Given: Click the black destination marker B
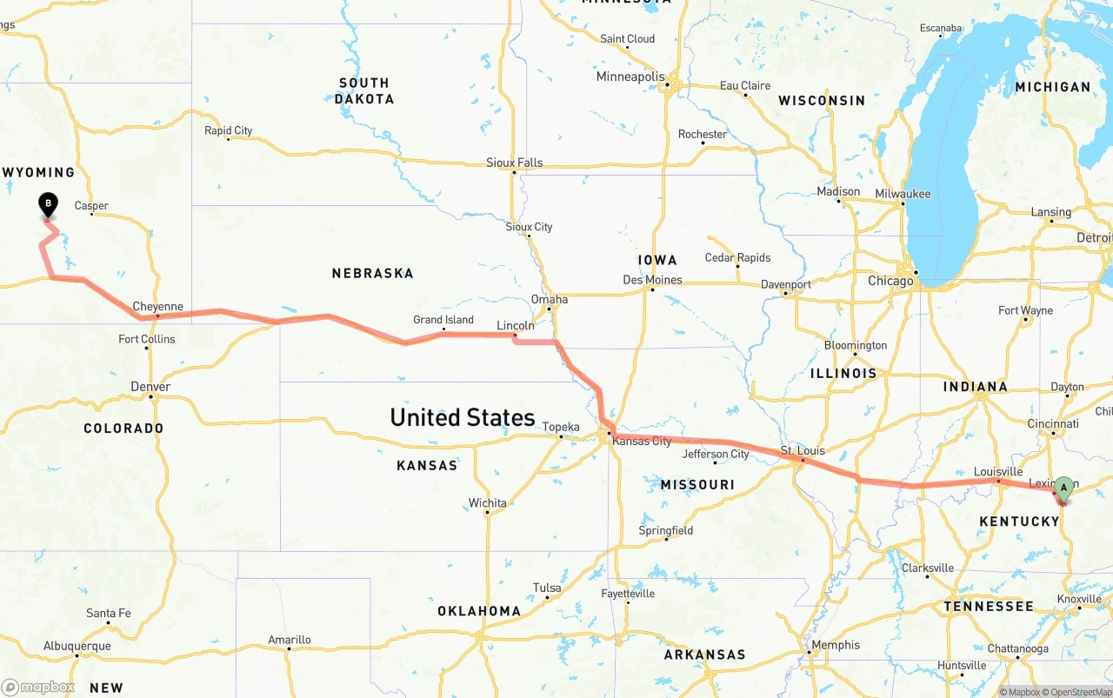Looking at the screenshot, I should (48, 204).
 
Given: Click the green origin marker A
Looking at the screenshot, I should (1063, 488).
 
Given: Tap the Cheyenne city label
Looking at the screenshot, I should (157, 306).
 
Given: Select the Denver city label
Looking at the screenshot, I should (150, 387).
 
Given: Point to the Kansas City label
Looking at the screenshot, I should (642, 441).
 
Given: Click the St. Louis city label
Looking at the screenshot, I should (802, 450).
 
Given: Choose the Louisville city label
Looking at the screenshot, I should (997, 472).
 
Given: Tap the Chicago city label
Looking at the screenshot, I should (890, 281).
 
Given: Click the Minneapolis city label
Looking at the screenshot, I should (630, 76).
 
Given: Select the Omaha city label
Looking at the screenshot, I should (550, 299).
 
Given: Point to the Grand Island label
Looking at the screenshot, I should (443, 319).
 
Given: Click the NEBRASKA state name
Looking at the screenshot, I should (372, 273).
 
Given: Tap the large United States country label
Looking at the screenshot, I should (463, 417).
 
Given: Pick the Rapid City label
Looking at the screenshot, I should (228, 130).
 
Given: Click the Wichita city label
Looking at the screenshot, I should (487, 502).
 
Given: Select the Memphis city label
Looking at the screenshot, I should (835, 645).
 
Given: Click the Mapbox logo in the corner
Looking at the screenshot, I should (38, 687).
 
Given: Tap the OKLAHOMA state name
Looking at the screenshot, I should (479, 611).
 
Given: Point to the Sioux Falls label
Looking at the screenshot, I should (514, 163).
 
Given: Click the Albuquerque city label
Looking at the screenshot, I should (77, 646).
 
